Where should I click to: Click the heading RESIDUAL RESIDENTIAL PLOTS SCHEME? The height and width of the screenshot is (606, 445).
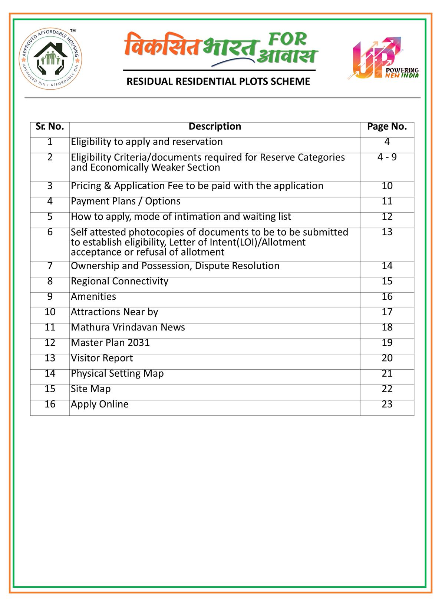(218, 81)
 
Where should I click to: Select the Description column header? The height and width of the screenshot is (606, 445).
(215, 127)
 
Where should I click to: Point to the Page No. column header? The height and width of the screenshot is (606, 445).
(387, 127)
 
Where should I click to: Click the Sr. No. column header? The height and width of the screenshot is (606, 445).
(50, 127)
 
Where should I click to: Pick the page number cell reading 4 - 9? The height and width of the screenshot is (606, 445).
(387, 157)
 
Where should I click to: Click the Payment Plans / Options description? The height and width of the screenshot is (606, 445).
(126, 201)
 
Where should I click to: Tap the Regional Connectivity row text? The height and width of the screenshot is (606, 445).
(119, 281)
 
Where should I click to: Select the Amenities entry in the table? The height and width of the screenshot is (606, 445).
(93, 297)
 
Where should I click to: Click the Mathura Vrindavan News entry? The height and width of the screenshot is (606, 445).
(128, 327)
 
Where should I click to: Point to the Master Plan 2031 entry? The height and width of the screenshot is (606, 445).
(110, 343)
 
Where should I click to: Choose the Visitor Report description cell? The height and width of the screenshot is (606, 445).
(102, 358)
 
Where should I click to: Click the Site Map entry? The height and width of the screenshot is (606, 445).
(91, 389)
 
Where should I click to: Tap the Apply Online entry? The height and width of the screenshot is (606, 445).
(100, 404)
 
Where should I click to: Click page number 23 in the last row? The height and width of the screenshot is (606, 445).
(387, 404)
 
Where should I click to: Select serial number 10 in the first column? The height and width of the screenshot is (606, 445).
(50, 312)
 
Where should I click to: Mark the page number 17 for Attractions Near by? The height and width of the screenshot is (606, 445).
(387, 312)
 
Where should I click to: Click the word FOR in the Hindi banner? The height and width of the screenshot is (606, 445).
(287, 39)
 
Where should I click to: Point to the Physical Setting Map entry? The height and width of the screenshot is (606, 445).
(117, 373)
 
